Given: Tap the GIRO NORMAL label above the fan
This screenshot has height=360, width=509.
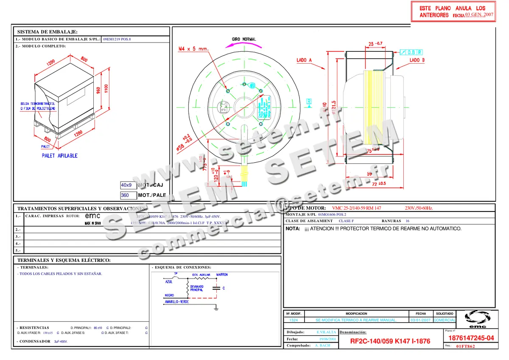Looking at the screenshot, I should pyautogui.click(x=243, y=39).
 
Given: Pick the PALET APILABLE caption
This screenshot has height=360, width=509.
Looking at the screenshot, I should pyautogui.click(x=59, y=156).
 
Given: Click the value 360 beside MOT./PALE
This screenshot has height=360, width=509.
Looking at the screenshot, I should pyautogui.click(x=125, y=195).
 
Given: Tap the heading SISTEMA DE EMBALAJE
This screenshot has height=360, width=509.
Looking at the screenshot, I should pyautogui.click(x=47, y=32).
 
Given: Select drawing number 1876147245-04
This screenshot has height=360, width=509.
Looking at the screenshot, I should pyautogui.click(x=470, y=338).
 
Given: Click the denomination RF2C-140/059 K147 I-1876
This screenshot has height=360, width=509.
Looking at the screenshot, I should pyautogui.click(x=390, y=341).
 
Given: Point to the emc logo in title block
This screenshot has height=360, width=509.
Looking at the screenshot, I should pyautogui.click(x=477, y=320).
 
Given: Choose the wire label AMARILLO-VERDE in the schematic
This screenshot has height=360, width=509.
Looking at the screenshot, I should pyautogui.click(x=176, y=302).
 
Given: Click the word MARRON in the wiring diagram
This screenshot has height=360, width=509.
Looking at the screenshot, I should pyautogui.click(x=222, y=275).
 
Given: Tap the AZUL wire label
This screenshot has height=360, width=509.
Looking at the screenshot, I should pyautogui.click(x=168, y=281).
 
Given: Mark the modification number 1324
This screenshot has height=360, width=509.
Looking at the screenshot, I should pyautogui.click(x=293, y=320).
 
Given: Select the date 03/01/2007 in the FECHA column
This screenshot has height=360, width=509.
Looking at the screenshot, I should pyautogui.click(x=420, y=320).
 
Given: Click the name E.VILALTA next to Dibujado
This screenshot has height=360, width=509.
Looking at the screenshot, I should pyautogui.click(x=326, y=332).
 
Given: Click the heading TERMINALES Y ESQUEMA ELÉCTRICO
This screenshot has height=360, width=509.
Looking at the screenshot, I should pyautogui.click(x=64, y=260).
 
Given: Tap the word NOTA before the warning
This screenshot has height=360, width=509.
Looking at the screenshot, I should pyautogui.click(x=293, y=228).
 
